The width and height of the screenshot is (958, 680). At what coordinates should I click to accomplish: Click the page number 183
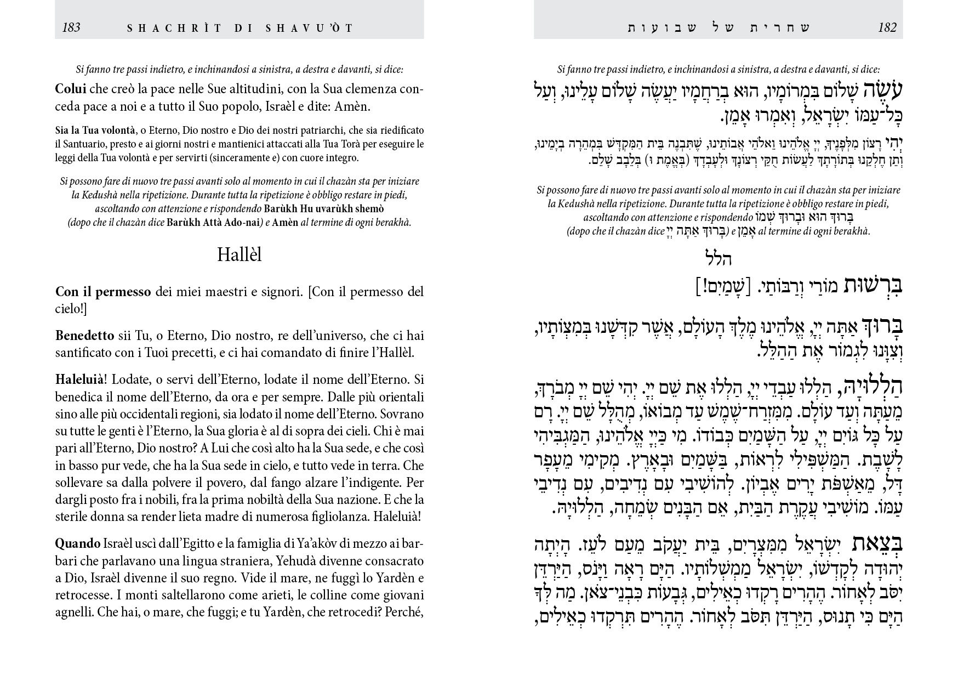(x=71, y=27)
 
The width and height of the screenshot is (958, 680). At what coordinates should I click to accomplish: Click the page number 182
(x=887, y=27)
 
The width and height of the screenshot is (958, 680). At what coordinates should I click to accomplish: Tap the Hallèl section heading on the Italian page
(x=239, y=255)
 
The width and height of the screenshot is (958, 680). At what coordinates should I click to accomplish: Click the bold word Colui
(x=71, y=89)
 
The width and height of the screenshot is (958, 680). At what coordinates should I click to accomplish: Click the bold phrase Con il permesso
(x=103, y=292)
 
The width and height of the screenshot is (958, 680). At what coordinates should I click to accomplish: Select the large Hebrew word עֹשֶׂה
(x=879, y=90)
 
